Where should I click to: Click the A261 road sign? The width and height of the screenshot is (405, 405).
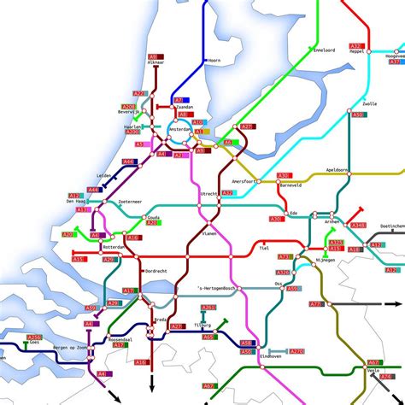(208, 308)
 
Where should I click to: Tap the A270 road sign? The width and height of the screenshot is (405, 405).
(296, 351)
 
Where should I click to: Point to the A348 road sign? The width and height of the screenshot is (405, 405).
(357, 226)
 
